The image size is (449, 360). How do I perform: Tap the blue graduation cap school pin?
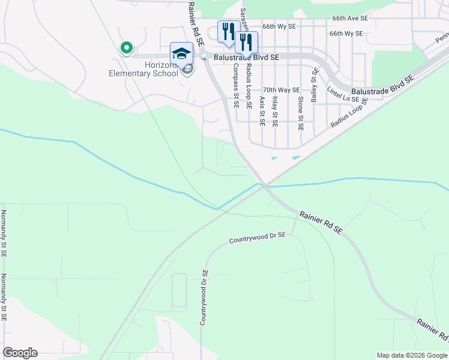[182, 53]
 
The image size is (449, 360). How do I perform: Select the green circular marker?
[126, 47]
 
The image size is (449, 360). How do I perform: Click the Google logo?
[20, 353]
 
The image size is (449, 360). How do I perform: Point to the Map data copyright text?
[412, 355]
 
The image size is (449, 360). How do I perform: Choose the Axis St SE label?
[262, 111]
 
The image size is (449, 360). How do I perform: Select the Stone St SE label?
[301, 113]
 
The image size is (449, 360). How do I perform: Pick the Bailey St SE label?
[313, 85]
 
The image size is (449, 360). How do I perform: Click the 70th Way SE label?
[280, 90]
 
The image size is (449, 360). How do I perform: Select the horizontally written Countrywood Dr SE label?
[258, 238]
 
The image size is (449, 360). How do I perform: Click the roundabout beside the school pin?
[203, 56]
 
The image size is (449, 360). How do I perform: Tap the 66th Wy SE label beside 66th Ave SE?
[346, 34]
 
